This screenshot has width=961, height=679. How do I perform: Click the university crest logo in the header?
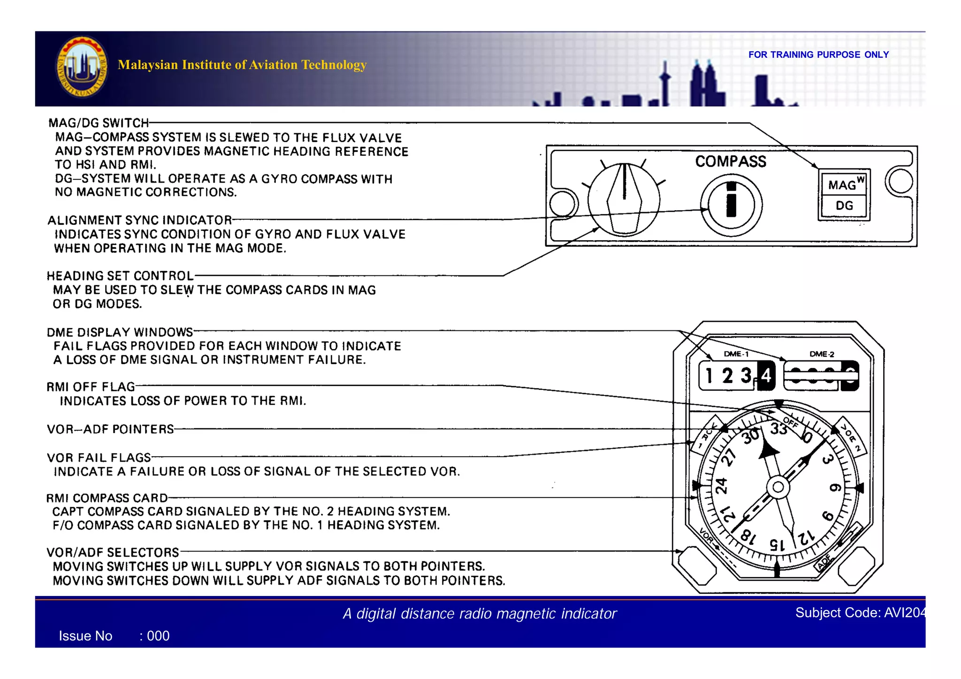[82, 67]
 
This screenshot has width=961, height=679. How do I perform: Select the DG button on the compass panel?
[844, 206]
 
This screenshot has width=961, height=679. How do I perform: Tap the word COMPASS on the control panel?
[730, 161]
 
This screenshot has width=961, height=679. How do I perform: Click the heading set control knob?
[624, 200]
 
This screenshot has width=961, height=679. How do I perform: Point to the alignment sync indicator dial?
[731, 205]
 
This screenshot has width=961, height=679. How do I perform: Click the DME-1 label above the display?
[736, 354]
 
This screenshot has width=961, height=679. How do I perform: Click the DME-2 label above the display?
[822, 354]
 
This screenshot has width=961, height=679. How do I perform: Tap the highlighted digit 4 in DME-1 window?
[766, 375]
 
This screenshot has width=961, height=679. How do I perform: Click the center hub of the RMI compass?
[778, 487]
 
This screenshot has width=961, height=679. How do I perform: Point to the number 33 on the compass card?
[778, 428]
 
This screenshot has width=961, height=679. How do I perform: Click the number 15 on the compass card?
[777, 545]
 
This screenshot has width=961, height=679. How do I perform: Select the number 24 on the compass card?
[721, 486]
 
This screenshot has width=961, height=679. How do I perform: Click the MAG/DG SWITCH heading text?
[99, 123]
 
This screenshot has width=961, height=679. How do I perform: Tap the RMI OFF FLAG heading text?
[91, 387]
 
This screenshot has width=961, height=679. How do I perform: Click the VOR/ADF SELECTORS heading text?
[113, 552]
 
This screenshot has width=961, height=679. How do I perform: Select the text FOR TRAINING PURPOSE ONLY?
[818, 55]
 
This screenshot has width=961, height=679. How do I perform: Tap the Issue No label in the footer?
[85, 636]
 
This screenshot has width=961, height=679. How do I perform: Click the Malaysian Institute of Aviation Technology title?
[242, 65]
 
